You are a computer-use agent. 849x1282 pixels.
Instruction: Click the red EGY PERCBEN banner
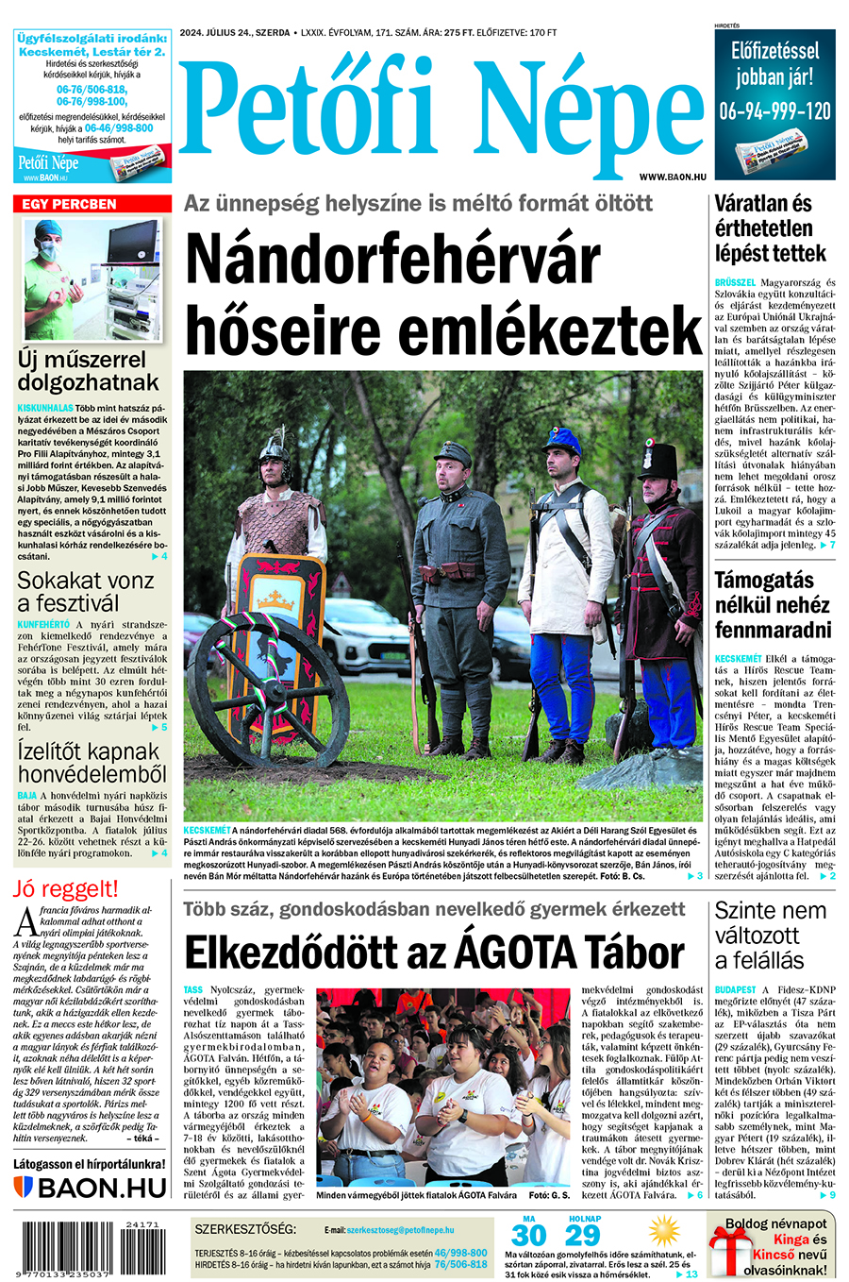point(92,204)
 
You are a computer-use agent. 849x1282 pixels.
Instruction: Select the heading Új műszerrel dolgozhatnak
point(88,371)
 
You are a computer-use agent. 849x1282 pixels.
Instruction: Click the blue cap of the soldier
point(563,440)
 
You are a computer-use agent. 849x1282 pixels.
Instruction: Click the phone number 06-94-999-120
point(774,111)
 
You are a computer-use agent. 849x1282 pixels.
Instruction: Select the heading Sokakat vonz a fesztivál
point(85,592)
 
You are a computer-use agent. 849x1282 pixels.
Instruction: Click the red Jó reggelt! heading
point(66,888)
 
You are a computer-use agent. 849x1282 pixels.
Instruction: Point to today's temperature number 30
point(528,1236)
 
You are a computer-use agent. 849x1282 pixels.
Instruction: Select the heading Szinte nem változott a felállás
point(770,936)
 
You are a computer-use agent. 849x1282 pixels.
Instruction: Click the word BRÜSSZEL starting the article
point(736,282)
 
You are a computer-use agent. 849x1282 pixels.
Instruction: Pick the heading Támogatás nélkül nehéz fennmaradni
point(773,605)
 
